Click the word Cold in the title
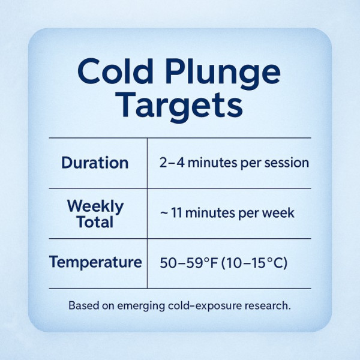(114, 72)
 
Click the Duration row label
(95, 163)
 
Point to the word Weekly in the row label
(95, 206)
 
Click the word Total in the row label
(95, 222)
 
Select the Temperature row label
(95, 262)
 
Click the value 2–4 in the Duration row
(171, 163)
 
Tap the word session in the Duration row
(289, 163)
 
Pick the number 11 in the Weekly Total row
(178, 214)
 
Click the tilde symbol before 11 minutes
(163, 214)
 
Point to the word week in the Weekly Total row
(280, 214)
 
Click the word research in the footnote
(267, 305)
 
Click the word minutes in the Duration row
(214, 163)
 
